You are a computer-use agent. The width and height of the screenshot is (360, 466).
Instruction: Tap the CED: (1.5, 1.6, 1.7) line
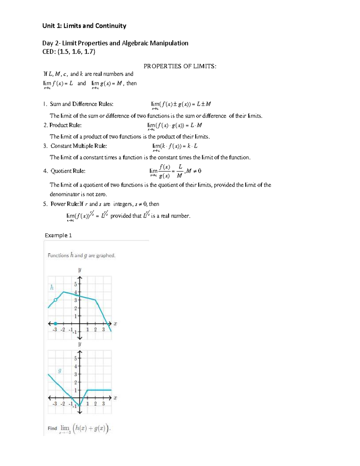tap(69, 52)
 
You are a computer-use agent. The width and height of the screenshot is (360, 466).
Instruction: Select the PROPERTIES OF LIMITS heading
tap(180, 66)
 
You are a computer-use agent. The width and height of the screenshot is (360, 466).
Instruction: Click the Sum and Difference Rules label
tap(81, 104)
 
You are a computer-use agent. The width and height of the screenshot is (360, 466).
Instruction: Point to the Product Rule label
tap(65, 125)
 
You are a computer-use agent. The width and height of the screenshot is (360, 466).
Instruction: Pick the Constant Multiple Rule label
tap(79, 146)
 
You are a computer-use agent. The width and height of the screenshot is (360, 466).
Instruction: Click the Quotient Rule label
tap(68, 171)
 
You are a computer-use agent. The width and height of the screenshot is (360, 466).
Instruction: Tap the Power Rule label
tap(64, 204)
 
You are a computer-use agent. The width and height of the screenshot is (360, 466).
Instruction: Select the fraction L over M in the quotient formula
tap(180, 171)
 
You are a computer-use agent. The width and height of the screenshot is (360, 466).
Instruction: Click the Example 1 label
tap(58, 236)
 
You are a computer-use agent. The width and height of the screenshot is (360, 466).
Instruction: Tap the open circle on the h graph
tap(55, 300)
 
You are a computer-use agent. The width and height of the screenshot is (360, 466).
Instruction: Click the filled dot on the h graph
tap(55, 323)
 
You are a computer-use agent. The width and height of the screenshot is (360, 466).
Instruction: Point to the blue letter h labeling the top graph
tap(52, 287)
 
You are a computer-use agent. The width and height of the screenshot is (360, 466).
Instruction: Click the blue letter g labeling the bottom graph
tap(60, 371)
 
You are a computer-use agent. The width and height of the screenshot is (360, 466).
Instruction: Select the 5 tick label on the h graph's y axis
tap(76, 284)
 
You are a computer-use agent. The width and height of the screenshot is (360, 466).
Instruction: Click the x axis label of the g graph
tap(115, 398)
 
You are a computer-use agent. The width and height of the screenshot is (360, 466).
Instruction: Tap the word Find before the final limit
tap(52, 428)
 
